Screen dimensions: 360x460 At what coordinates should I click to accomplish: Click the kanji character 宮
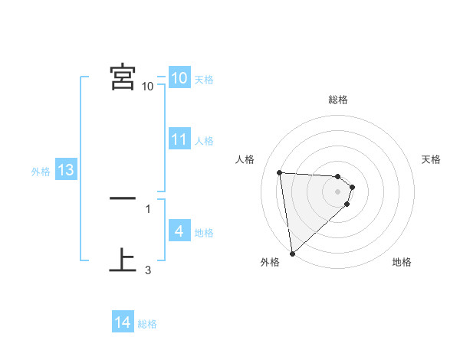[x=123, y=77]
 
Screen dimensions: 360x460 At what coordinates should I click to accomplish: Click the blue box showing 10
[x=179, y=78]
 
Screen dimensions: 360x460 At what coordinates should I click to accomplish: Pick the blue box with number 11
[x=179, y=139]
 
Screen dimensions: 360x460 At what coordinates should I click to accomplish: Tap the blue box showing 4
[x=179, y=231]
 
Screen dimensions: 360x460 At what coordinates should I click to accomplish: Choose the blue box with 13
[x=66, y=170]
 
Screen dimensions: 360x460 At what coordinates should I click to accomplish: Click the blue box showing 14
[x=123, y=322]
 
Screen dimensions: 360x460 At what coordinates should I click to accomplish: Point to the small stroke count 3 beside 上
[x=148, y=270]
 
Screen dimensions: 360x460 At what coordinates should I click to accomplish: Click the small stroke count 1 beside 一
[x=148, y=208]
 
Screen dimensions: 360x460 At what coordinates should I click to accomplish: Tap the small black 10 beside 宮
[x=148, y=86]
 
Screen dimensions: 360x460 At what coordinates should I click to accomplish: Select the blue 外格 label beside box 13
[x=41, y=172]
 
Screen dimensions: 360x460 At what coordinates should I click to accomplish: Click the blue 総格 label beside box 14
[x=147, y=324]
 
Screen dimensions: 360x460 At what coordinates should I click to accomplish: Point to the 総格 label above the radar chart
[x=338, y=100]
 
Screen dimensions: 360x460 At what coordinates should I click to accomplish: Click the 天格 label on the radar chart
[x=431, y=159]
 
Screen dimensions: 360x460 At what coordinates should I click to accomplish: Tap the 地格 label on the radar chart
[x=402, y=263]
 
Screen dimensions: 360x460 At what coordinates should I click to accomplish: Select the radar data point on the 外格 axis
[x=292, y=254]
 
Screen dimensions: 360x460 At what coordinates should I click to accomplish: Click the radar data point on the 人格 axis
[x=280, y=172]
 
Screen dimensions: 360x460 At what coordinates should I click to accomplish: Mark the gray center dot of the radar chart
[x=338, y=191]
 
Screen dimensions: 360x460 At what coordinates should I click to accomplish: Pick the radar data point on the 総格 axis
[x=338, y=177]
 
